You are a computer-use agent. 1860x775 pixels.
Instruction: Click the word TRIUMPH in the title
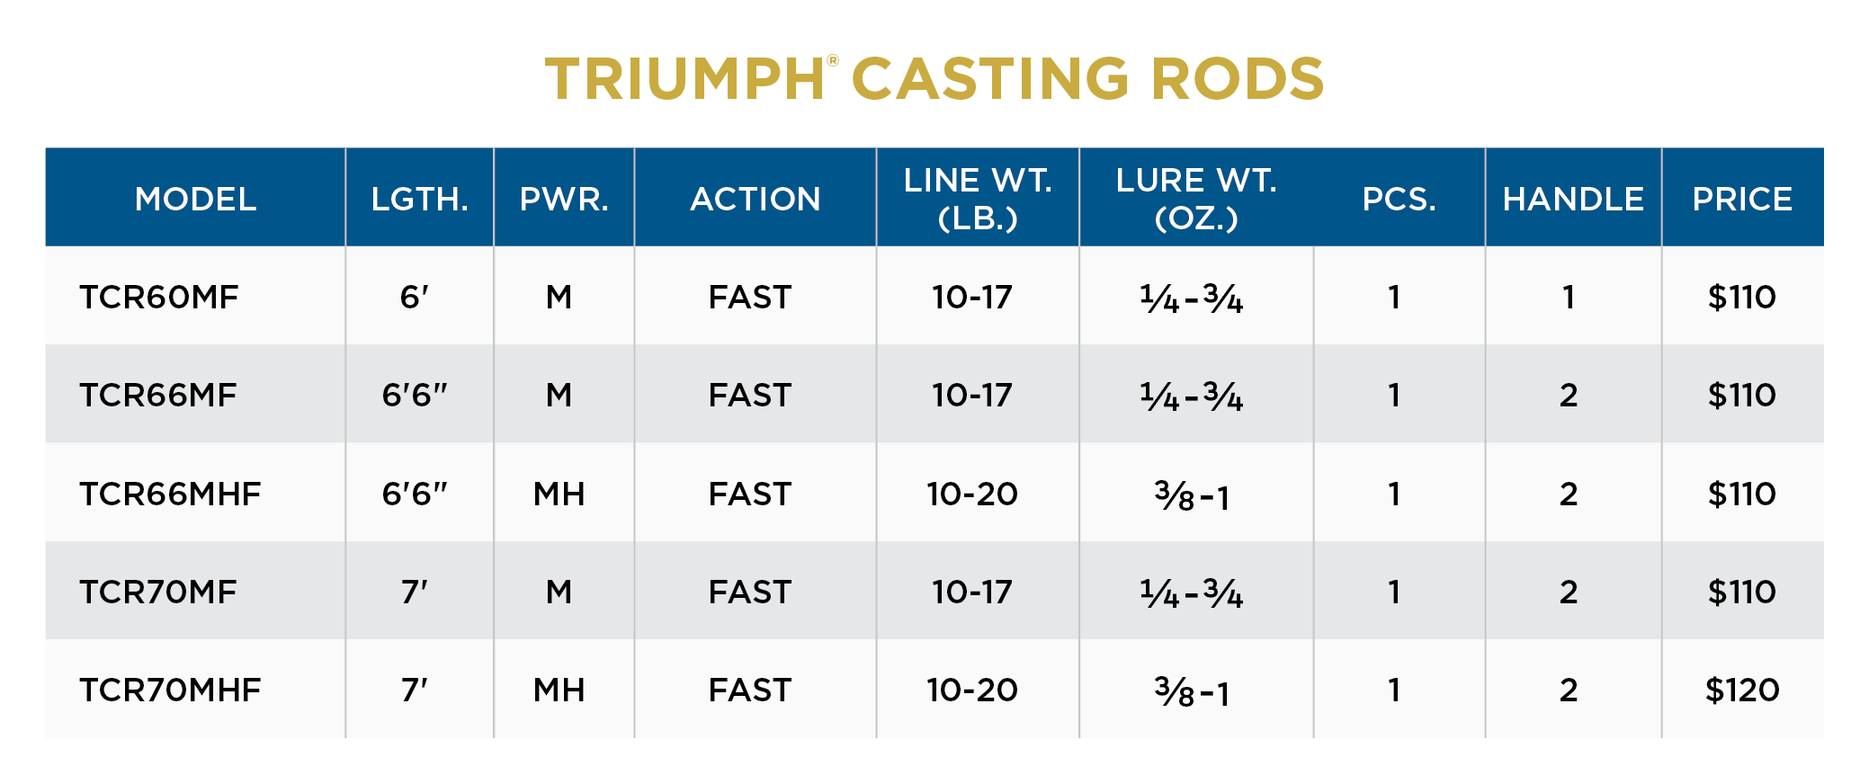(x=684, y=79)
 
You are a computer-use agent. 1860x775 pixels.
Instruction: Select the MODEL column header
(x=195, y=199)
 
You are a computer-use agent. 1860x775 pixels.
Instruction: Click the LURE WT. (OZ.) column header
(x=1195, y=199)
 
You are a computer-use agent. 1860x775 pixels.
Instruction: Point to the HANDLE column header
(x=1572, y=199)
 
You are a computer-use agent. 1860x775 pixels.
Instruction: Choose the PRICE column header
(x=1741, y=199)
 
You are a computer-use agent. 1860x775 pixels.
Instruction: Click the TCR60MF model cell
(x=159, y=297)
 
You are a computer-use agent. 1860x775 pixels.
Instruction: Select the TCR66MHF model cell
(x=170, y=494)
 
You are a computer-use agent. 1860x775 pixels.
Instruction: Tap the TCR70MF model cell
(x=158, y=592)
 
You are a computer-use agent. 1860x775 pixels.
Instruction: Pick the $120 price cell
(x=1741, y=690)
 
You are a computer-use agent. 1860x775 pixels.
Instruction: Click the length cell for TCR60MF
(x=415, y=297)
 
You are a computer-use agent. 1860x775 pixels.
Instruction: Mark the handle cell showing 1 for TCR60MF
(x=1569, y=297)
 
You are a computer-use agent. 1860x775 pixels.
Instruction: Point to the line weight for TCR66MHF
(x=972, y=494)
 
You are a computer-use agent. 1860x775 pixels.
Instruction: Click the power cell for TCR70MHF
(x=559, y=690)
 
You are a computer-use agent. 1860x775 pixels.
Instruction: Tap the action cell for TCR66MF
(x=749, y=395)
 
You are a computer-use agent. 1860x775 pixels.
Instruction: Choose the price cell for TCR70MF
(x=1741, y=592)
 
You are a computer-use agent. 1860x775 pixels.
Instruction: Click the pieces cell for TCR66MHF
(x=1394, y=494)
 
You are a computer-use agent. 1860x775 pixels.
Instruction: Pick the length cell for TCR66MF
(x=415, y=395)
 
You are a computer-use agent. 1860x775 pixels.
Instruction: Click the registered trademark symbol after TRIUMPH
(x=833, y=61)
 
